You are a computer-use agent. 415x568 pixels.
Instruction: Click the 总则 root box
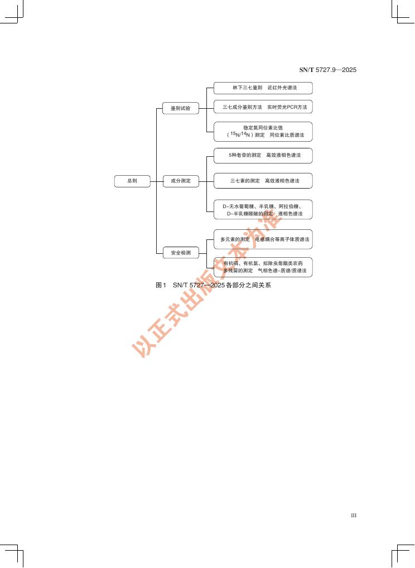coord(132,181)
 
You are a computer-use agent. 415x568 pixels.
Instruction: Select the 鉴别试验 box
coord(180,108)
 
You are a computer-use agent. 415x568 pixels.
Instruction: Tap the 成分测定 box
coord(180,181)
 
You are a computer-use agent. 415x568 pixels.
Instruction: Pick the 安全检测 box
coord(180,253)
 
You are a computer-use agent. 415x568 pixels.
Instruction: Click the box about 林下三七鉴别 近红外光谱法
coord(263,88)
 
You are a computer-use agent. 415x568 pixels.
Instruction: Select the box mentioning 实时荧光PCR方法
coord(263,106)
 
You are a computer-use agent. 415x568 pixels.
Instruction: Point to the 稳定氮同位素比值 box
coord(263,132)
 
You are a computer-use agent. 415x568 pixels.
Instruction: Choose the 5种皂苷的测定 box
coord(263,155)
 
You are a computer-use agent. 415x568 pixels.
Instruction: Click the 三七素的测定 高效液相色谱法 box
coord(263,181)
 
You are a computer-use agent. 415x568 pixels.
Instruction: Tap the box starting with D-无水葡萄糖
coord(263,210)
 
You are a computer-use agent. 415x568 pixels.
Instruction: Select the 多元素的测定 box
coord(263,239)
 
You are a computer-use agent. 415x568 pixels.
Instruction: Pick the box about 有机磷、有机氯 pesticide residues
coord(263,267)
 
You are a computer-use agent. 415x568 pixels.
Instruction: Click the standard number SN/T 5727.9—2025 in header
coord(327,70)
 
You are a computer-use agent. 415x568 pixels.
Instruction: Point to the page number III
coord(353,515)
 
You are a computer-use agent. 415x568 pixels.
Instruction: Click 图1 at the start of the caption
coord(161,286)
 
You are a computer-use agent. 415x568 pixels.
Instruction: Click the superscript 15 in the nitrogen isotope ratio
coord(233,133)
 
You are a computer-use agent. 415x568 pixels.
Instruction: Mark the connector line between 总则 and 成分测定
coord(156,181)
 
